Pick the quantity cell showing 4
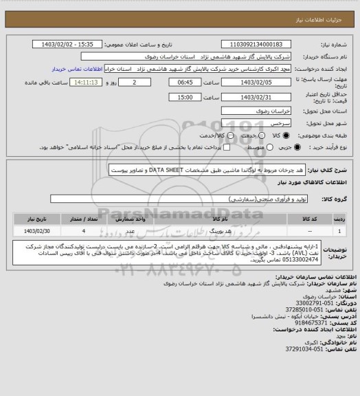click(x=83, y=231)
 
